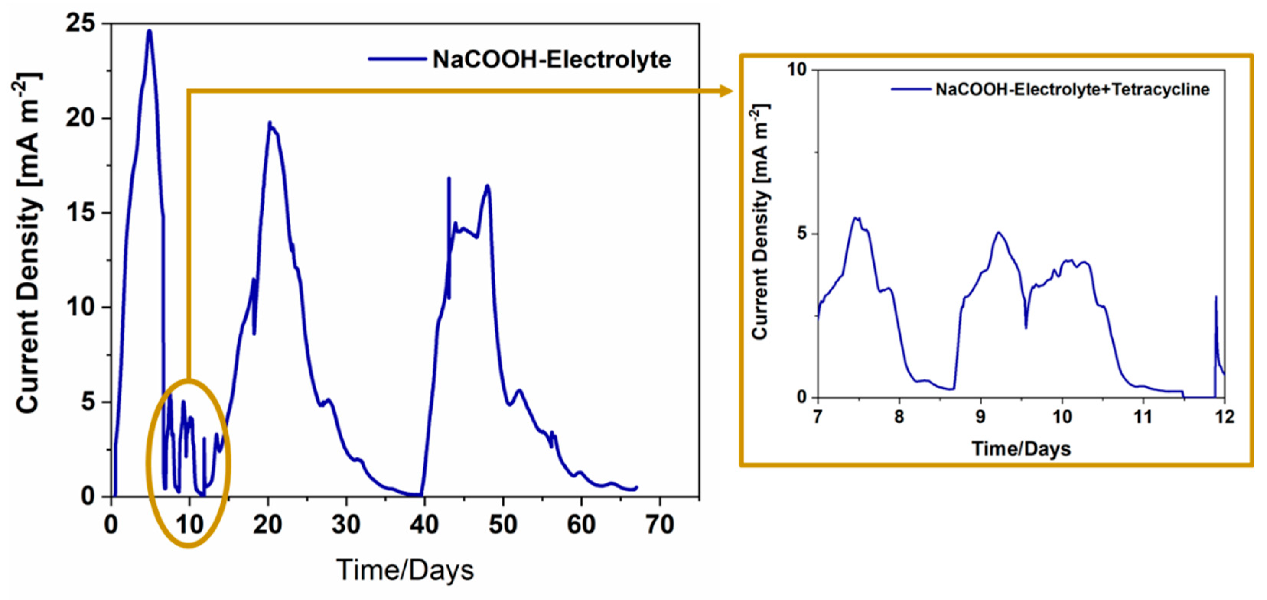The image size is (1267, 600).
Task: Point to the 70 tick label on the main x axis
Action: click(x=659, y=524)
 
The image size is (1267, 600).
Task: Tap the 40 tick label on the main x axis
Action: click(x=424, y=524)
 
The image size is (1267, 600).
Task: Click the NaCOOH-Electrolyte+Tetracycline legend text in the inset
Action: click(x=1072, y=89)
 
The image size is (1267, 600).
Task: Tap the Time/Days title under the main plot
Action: click(x=405, y=570)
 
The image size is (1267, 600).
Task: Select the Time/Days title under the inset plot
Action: click(x=1021, y=449)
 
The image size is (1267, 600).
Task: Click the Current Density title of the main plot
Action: click(x=29, y=243)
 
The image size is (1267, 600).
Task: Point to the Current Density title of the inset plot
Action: click(x=760, y=221)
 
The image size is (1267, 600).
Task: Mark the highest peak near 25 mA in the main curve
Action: click(x=150, y=31)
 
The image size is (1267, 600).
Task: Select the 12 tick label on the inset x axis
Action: click(x=1224, y=417)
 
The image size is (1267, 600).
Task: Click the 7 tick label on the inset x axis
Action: click(x=818, y=417)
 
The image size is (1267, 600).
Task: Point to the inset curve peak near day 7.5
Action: click(x=856, y=218)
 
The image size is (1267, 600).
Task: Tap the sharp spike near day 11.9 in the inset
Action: click(x=1216, y=297)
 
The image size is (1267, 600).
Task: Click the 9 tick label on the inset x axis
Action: click(x=980, y=417)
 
